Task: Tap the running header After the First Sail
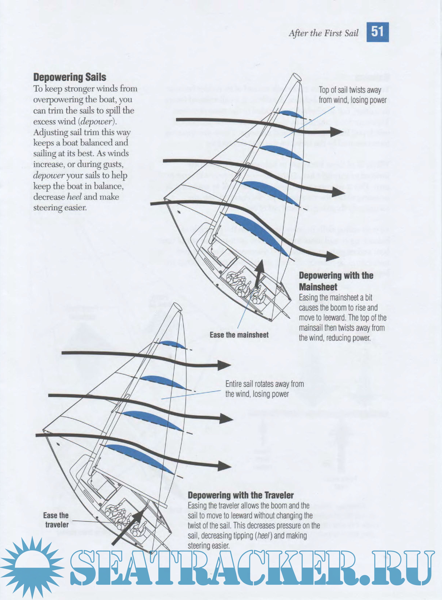[323, 33]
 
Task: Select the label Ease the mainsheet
[239, 335]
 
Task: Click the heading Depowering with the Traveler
[240, 495]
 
